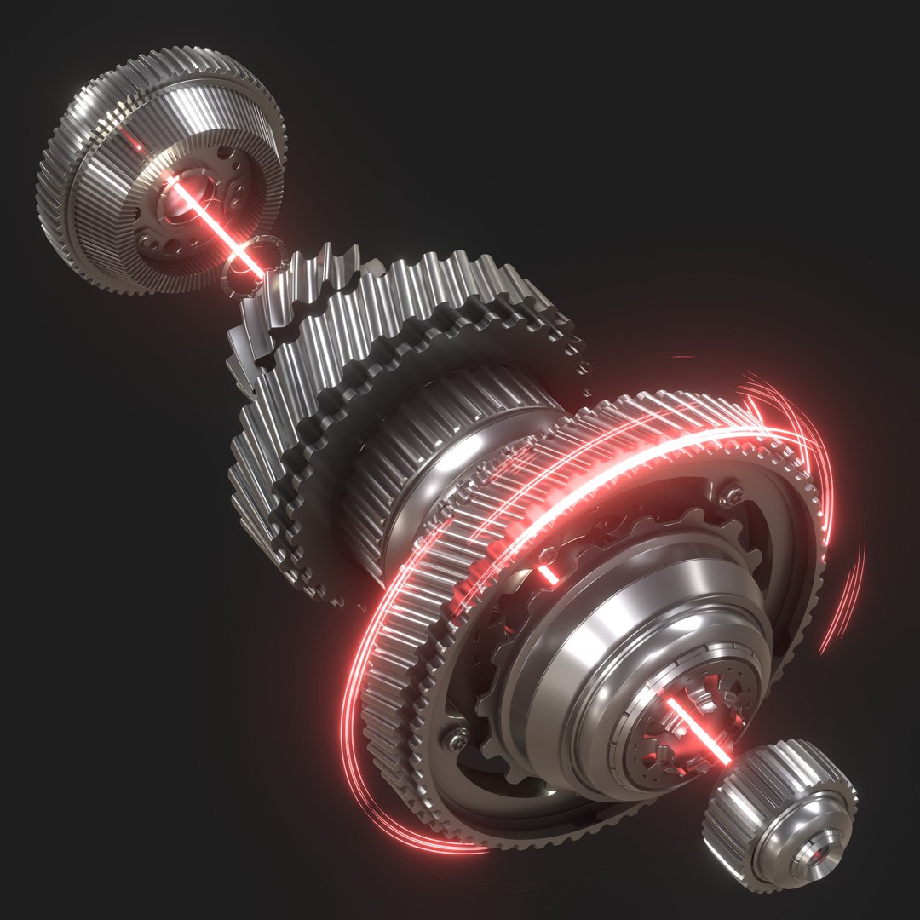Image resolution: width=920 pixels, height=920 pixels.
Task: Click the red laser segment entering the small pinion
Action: coord(699,728)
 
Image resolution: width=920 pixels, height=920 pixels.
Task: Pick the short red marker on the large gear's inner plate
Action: coord(548,573)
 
